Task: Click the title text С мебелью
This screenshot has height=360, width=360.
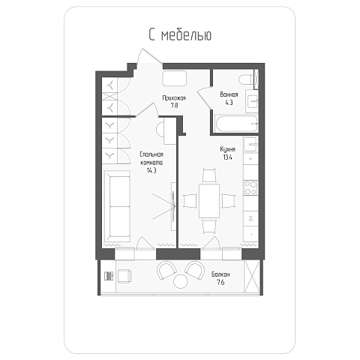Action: point(180,34)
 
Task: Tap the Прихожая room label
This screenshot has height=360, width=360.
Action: point(174,97)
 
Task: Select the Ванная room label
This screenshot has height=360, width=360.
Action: point(229,94)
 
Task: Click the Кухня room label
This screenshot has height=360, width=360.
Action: point(227,149)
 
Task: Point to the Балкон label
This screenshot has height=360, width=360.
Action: point(220,274)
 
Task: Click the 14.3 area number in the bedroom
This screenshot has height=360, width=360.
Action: point(151,170)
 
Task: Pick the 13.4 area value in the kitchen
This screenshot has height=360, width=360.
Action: point(227,157)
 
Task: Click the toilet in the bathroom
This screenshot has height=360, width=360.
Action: point(245,79)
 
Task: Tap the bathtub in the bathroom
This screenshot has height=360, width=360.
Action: point(236,124)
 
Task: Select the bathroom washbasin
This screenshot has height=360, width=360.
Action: point(252,101)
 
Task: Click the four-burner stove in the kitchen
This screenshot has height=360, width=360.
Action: point(250,187)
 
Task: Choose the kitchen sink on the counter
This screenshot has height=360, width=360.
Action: point(250,144)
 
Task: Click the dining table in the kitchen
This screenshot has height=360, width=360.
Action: point(209,201)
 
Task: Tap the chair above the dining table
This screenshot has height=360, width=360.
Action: point(209,175)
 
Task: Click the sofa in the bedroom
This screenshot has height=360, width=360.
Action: point(117,206)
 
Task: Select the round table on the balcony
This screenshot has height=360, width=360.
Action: point(181,281)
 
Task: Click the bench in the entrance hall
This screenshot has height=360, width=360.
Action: point(175,79)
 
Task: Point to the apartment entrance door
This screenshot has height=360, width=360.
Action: point(150,56)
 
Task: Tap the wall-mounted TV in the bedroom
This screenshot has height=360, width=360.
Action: point(173,206)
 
